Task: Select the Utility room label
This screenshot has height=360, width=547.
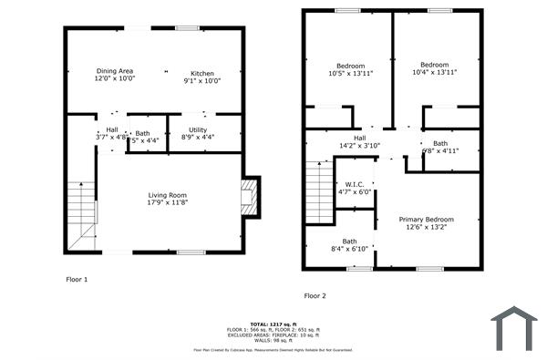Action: pyautogui.click(x=198, y=130)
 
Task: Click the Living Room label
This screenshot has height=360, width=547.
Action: pyautogui.click(x=168, y=195)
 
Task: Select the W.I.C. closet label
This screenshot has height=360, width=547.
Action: pyautogui.click(x=355, y=184)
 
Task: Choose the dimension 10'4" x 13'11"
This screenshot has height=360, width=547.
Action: pyautogui.click(x=434, y=72)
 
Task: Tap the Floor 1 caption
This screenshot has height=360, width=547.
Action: pyautogui.click(x=77, y=279)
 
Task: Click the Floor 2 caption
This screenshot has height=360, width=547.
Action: pyautogui.click(x=315, y=295)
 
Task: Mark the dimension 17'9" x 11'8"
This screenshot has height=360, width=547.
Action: pyautogui.click(x=168, y=202)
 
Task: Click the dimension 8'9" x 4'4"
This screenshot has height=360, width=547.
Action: pyautogui.click(x=198, y=139)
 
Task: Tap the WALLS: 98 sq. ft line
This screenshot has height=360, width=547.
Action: pyautogui.click(x=274, y=340)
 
